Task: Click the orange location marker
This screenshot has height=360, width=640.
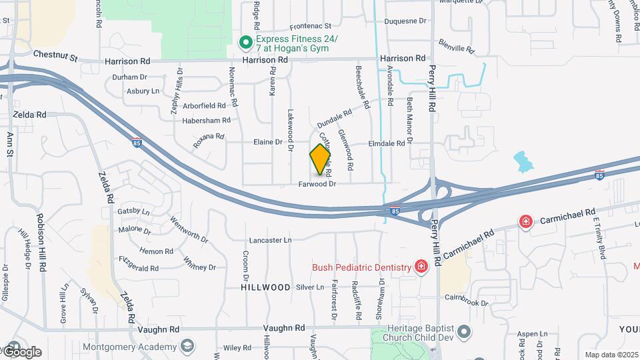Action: click(321, 159)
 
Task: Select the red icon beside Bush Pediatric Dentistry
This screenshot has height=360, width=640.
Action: click(421, 267)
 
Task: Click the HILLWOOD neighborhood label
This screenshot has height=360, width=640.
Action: click(266, 287)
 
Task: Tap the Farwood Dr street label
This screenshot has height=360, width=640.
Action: click(317, 183)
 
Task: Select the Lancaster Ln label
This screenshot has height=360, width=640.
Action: click(270, 240)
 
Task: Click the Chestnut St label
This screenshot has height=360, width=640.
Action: click(55, 56)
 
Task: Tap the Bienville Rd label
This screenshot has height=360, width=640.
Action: click(457, 45)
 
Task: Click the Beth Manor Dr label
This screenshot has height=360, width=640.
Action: click(410, 118)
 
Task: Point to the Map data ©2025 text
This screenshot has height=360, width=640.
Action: click(609, 355)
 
